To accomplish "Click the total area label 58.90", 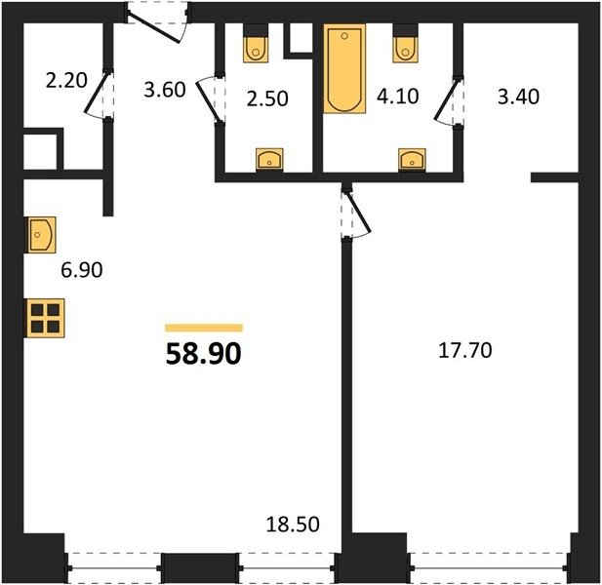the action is pyautogui.click(x=204, y=353).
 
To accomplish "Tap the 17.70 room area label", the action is pyautogui.click(x=465, y=351).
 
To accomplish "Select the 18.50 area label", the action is pyautogui.click(x=293, y=525).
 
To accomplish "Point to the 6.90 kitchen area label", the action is pyautogui.click(x=82, y=270).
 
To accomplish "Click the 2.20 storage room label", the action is pyautogui.click(x=66, y=81).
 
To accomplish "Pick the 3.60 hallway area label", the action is pyautogui.click(x=165, y=90).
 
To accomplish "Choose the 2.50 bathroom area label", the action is pyautogui.click(x=267, y=98).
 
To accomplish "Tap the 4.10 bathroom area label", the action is pyautogui.click(x=397, y=96).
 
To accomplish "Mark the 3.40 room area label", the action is pyautogui.click(x=518, y=97).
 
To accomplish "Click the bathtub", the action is pyautogui.click(x=344, y=68).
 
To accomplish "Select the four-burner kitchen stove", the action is pyautogui.click(x=45, y=318).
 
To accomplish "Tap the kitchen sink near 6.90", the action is pyautogui.click(x=41, y=235).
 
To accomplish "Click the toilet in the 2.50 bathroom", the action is pyautogui.click(x=256, y=43).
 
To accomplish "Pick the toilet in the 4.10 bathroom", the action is pyautogui.click(x=405, y=43).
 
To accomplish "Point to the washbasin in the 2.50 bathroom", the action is pyautogui.click(x=269, y=159).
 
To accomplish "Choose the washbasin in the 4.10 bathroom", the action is pyautogui.click(x=412, y=159).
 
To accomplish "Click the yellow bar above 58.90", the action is pyautogui.click(x=204, y=328).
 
